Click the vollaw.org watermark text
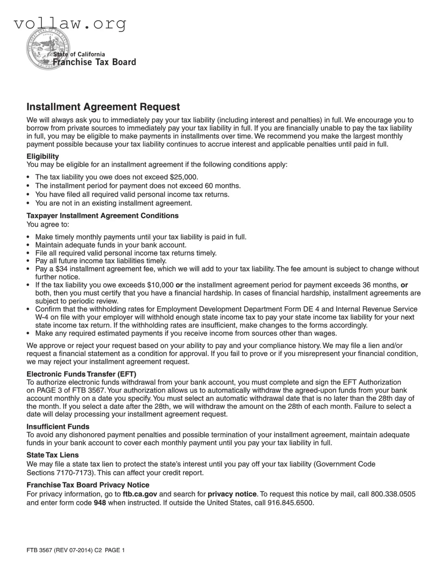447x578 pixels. pos(70,24)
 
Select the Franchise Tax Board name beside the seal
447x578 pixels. pos(94,62)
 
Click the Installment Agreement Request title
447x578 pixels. pos(103,107)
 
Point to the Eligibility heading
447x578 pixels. pos(43,156)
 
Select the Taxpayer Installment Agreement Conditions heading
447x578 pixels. pos(102,216)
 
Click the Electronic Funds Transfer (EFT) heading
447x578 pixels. pos(81,374)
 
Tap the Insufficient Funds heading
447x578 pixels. pos(58,427)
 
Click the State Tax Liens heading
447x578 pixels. pos(53,455)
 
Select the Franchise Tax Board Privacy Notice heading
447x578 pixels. pos(88,485)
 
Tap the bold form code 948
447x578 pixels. pos(100,503)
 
